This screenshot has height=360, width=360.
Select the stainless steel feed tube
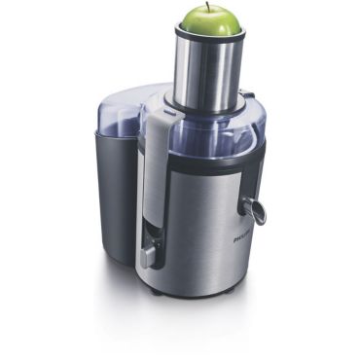pos(207,68)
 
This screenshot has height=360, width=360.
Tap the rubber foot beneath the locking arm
pos(156,289)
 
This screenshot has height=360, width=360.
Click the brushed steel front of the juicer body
pos(209,229)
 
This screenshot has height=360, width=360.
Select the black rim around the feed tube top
pos(208,36)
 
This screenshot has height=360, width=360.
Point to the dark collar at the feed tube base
pos(206,100)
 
